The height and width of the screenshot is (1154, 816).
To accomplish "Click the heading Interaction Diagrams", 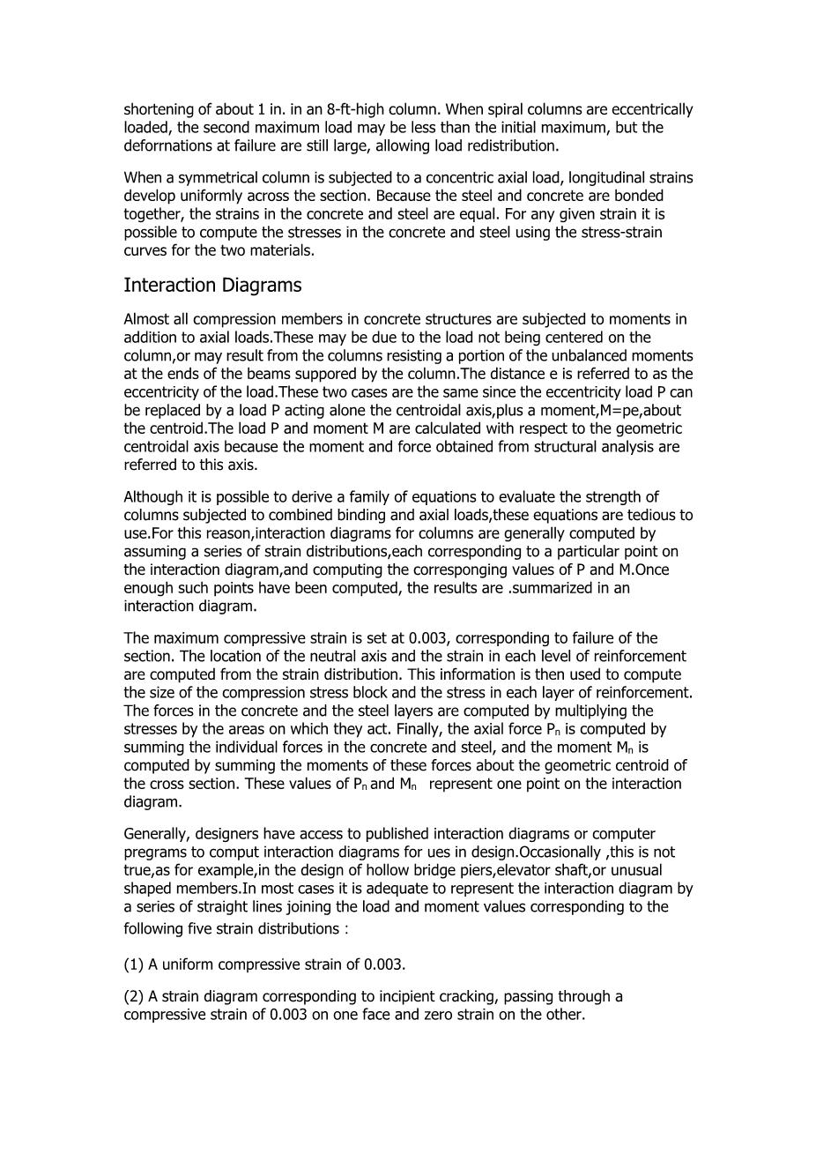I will [x=212, y=286].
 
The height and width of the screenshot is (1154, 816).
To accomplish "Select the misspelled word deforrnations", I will [x=167, y=146].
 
